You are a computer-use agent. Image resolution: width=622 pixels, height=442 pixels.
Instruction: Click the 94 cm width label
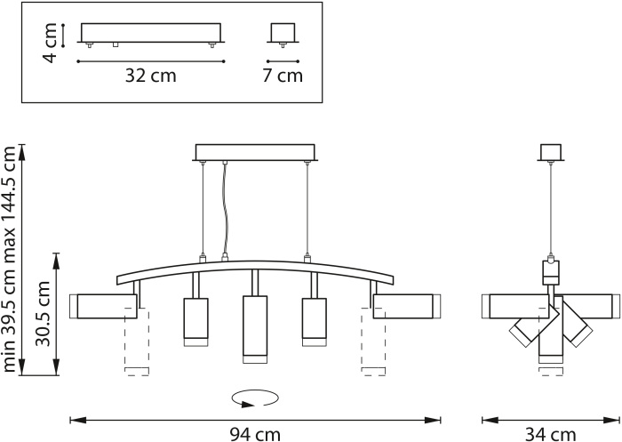pyautogui.click(x=255, y=435)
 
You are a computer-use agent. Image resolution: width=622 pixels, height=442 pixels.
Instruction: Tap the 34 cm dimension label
pyautogui.click(x=550, y=435)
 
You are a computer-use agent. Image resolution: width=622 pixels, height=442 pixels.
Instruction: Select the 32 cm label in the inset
pyautogui.click(x=151, y=76)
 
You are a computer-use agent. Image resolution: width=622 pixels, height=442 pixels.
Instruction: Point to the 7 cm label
pyautogui.click(x=283, y=76)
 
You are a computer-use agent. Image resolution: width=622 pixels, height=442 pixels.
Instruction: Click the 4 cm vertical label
pyautogui.click(x=51, y=43)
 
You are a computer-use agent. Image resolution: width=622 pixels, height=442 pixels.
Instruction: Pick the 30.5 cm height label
pyautogui.click(x=43, y=314)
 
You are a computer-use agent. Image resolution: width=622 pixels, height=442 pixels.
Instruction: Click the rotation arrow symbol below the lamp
pyautogui.click(x=256, y=398)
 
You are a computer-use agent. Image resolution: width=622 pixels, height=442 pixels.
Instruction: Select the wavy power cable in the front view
pyautogui.click(x=225, y=208)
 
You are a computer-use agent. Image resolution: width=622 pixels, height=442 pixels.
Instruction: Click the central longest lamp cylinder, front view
pyautogui.click(x=255, y=329)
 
